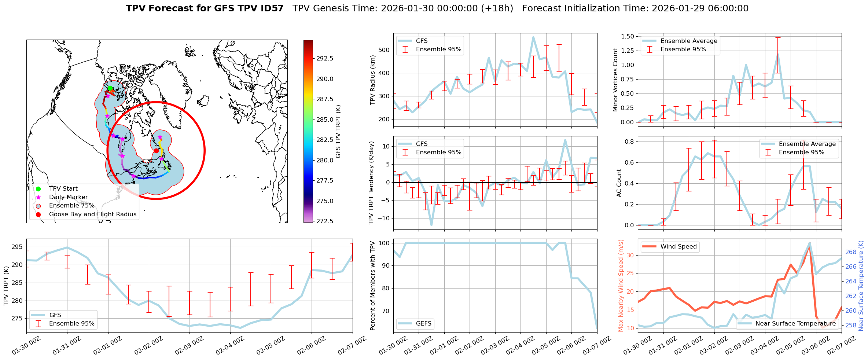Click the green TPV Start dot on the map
110,88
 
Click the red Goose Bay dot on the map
156,151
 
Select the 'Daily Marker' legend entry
68,197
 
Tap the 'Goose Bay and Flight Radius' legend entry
92,214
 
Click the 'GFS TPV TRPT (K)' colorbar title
338,131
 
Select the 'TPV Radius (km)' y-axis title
373,80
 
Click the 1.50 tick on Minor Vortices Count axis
627,36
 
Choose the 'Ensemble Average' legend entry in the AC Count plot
807,144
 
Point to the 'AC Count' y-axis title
619,183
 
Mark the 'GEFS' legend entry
424,323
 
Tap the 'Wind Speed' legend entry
678,246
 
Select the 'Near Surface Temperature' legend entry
795,323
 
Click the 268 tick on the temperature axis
851,252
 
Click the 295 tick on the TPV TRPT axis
17,247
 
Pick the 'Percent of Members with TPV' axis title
373,286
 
